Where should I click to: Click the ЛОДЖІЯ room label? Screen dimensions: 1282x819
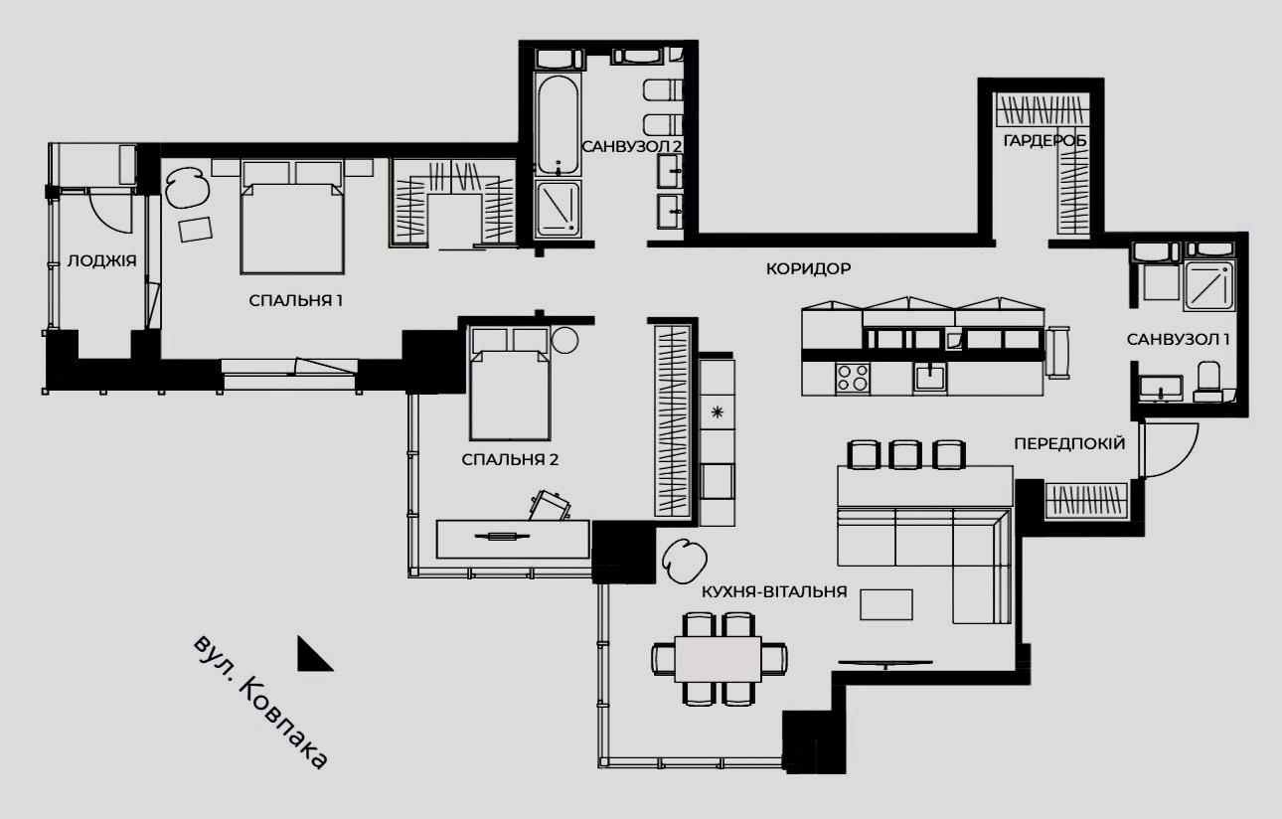(102, 261)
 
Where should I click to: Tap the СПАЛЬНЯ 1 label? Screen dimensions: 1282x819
(295, 300)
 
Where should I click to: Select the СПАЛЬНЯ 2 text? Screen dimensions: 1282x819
(510, 459)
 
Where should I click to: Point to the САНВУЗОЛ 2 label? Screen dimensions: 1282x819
(631, 146)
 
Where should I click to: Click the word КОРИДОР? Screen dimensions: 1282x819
(808, 268)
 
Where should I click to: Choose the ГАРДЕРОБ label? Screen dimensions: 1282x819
(1044, 141)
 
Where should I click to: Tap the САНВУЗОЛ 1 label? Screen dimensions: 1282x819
(1178, 339)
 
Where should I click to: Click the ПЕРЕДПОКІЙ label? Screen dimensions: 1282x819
(1069, 443)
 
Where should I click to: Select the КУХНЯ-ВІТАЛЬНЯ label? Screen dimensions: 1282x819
(774, 591)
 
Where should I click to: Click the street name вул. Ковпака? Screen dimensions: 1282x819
(260, 702)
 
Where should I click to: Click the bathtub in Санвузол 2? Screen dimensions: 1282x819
(558, 124)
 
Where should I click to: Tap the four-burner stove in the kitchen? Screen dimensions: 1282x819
(853, 378)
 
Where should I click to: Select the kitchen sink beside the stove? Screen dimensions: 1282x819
(929, 378)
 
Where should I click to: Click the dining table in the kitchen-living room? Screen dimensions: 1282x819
(718, 659)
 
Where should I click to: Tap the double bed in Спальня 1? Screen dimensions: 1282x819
(292, 218)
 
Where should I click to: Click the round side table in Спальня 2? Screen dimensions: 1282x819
(564, 340)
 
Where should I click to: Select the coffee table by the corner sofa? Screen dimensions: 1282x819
(885, 604)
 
